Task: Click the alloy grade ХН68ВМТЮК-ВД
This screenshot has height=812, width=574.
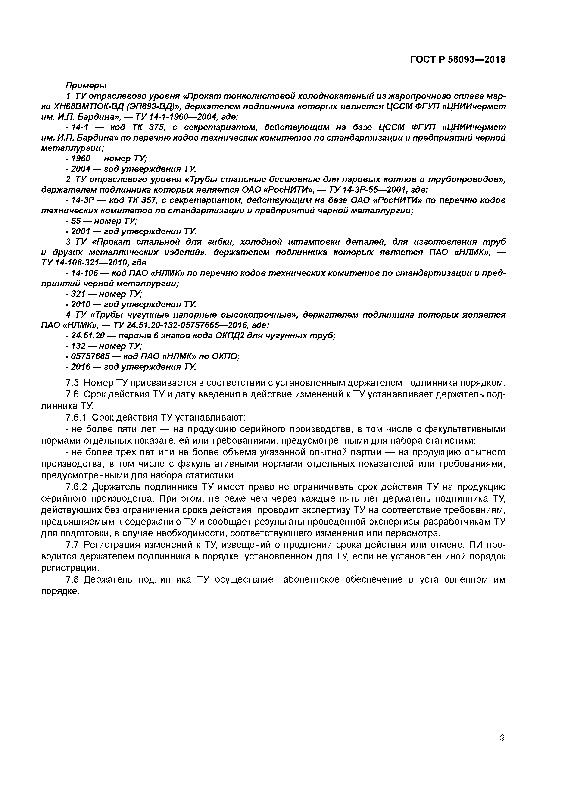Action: pos(87,106)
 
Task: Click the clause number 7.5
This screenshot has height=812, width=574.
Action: pos(72,383)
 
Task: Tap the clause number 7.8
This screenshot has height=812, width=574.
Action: pos(72,579)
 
